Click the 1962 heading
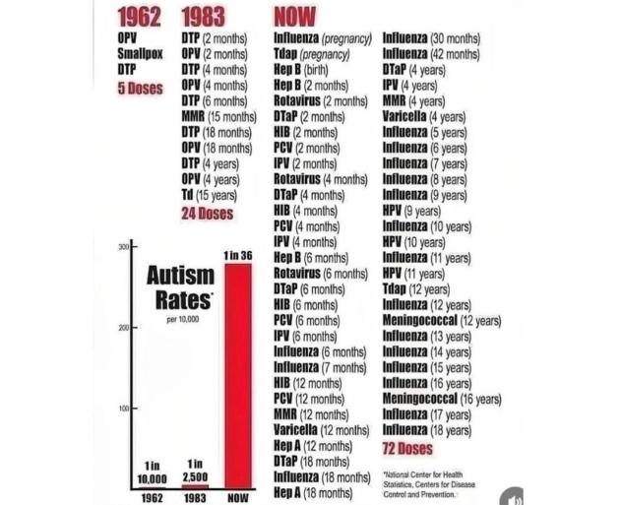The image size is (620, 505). pyautogui.click(x=139, y=17)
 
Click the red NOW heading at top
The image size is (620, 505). pyautogui.click(x=295, y=17)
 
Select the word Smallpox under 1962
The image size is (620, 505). pyautogui.click(x=136, y=54)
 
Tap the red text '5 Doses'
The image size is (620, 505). pyautogui.click(x=140, y=87)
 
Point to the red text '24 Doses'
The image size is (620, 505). pyautogui.click(x=207, y=212)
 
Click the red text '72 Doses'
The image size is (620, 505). pyautogui.click(x=407, y=448)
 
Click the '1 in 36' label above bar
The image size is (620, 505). pyautogui.click(x=239, y=256)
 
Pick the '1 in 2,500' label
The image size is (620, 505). pyautogui.click(x=195, y=471)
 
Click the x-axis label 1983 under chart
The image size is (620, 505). pyautogui.click(x=195, y=498)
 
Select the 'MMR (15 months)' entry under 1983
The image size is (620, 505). pyautogui.click(x=218, y=117)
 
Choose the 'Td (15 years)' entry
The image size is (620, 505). pyautogui.click(x=210, y=195)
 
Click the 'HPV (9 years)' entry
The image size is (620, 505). pyautogui.click(x=411, y=211)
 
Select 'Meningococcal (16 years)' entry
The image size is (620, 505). pyautogui.click(x=442, y=399)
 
